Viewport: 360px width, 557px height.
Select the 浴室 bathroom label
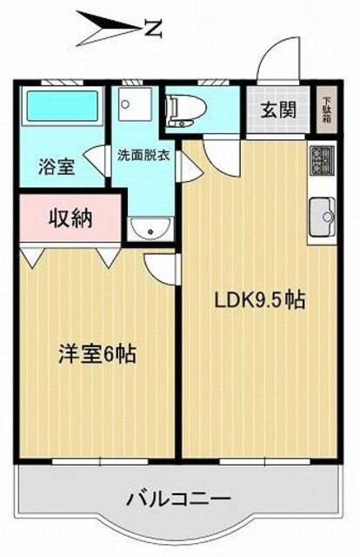point(55,166)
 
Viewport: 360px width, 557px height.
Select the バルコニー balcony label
point(177,500)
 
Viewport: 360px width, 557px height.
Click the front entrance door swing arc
point(282,56)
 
